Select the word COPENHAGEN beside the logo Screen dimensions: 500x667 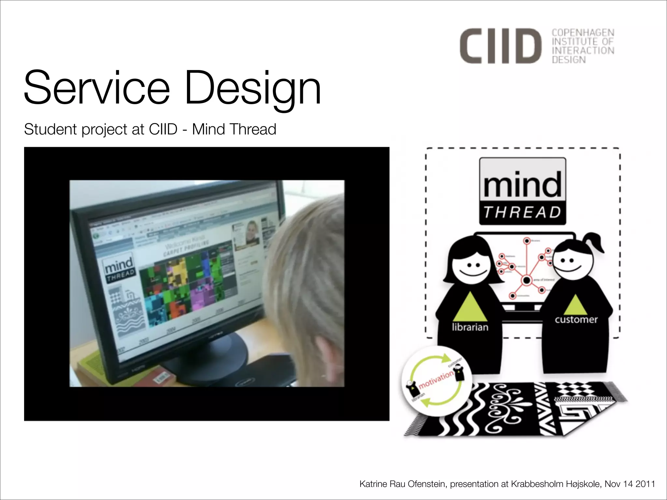coord(583,33)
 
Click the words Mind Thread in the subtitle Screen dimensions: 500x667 coord(234,129)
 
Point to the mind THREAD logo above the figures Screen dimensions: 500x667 coord(522,191)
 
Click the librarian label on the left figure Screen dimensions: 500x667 coord(470,327)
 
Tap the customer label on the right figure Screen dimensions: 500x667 coord(576,320)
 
